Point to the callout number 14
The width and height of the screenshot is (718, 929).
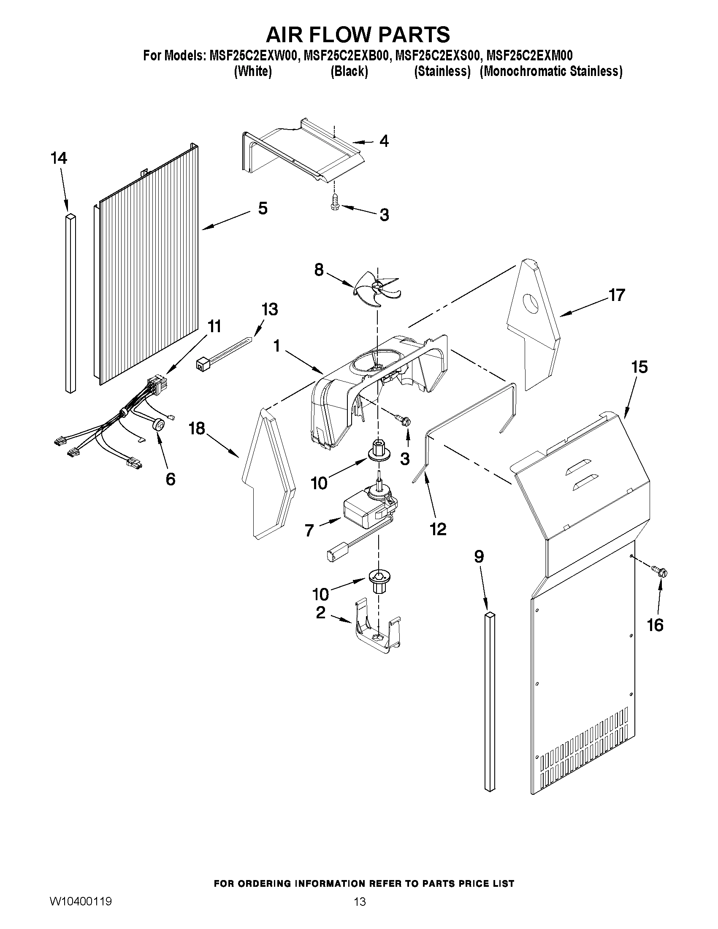pos(59,158)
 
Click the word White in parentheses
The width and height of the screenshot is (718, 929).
pos(253,71)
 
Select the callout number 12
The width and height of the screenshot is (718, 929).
pos(438,529)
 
